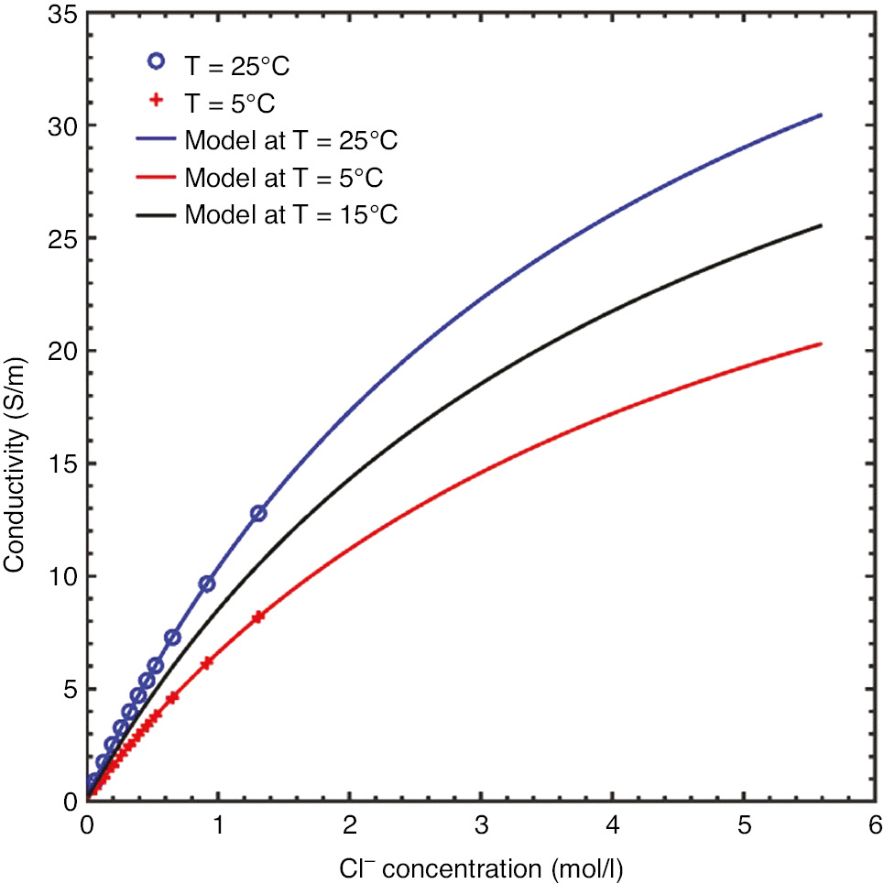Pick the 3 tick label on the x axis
click(x=480, y=826)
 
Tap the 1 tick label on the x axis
click(x=218, y=826)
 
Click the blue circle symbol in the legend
click(x=156, y=61)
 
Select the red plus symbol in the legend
click(x=156, y=99)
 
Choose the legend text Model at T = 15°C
click(x=291, y=215)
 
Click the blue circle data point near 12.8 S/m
click(x=258, y=513)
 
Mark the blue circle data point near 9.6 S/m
click(x=207, y=584)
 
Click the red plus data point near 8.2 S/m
click(x=258, y=617)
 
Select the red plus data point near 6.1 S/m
click(x=206, y=663)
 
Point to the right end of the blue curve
click(x=822, y=115)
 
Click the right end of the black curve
click(x=822, y=225)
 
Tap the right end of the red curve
click(x=822, y=344)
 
